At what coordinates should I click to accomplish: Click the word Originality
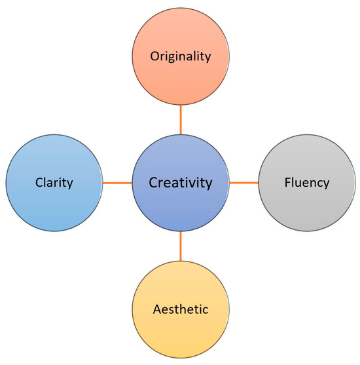pyautogui.click(x=181, y=57)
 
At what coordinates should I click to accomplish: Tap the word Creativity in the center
pyautogui.click(x=181, y=183)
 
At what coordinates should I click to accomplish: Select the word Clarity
pyautogui.click(x=54, y=183)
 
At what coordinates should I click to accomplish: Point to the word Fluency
pyautogui.click(x=307, y=182)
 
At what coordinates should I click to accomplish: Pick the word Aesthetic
pyautogui.click(x=181, y=309)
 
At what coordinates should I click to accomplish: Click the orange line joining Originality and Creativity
pyautogui.click(x=181, y=120)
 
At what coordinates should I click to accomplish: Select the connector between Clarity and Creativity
pyautogui.click(x=117, y=183)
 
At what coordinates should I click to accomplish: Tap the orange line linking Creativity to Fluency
pyautogui.click(x=243, y=183)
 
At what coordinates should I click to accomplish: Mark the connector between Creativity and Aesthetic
pyautogui.click(x=181, y=246)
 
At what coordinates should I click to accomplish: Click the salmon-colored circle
pyautogui.click(x=181, y=56)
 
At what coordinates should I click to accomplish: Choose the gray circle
pyautogui.click(x=307, y=183)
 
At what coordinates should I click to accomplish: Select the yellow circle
pyautogui.click(x=181, y=309)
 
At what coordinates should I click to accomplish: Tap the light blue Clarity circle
pyautogui.click(x=54, y=183)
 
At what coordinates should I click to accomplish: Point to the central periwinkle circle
pyautogui.click(x=181, y=183)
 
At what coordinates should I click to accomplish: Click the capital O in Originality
pyautogui.click(x=154, y=56)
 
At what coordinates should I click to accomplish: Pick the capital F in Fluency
pyautogui.click(x=288, y=182)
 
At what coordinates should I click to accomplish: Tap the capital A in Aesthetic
pyautogui.click(x=158, y=309)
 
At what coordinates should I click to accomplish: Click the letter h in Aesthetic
pyautogui.click(x=186, y=309)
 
